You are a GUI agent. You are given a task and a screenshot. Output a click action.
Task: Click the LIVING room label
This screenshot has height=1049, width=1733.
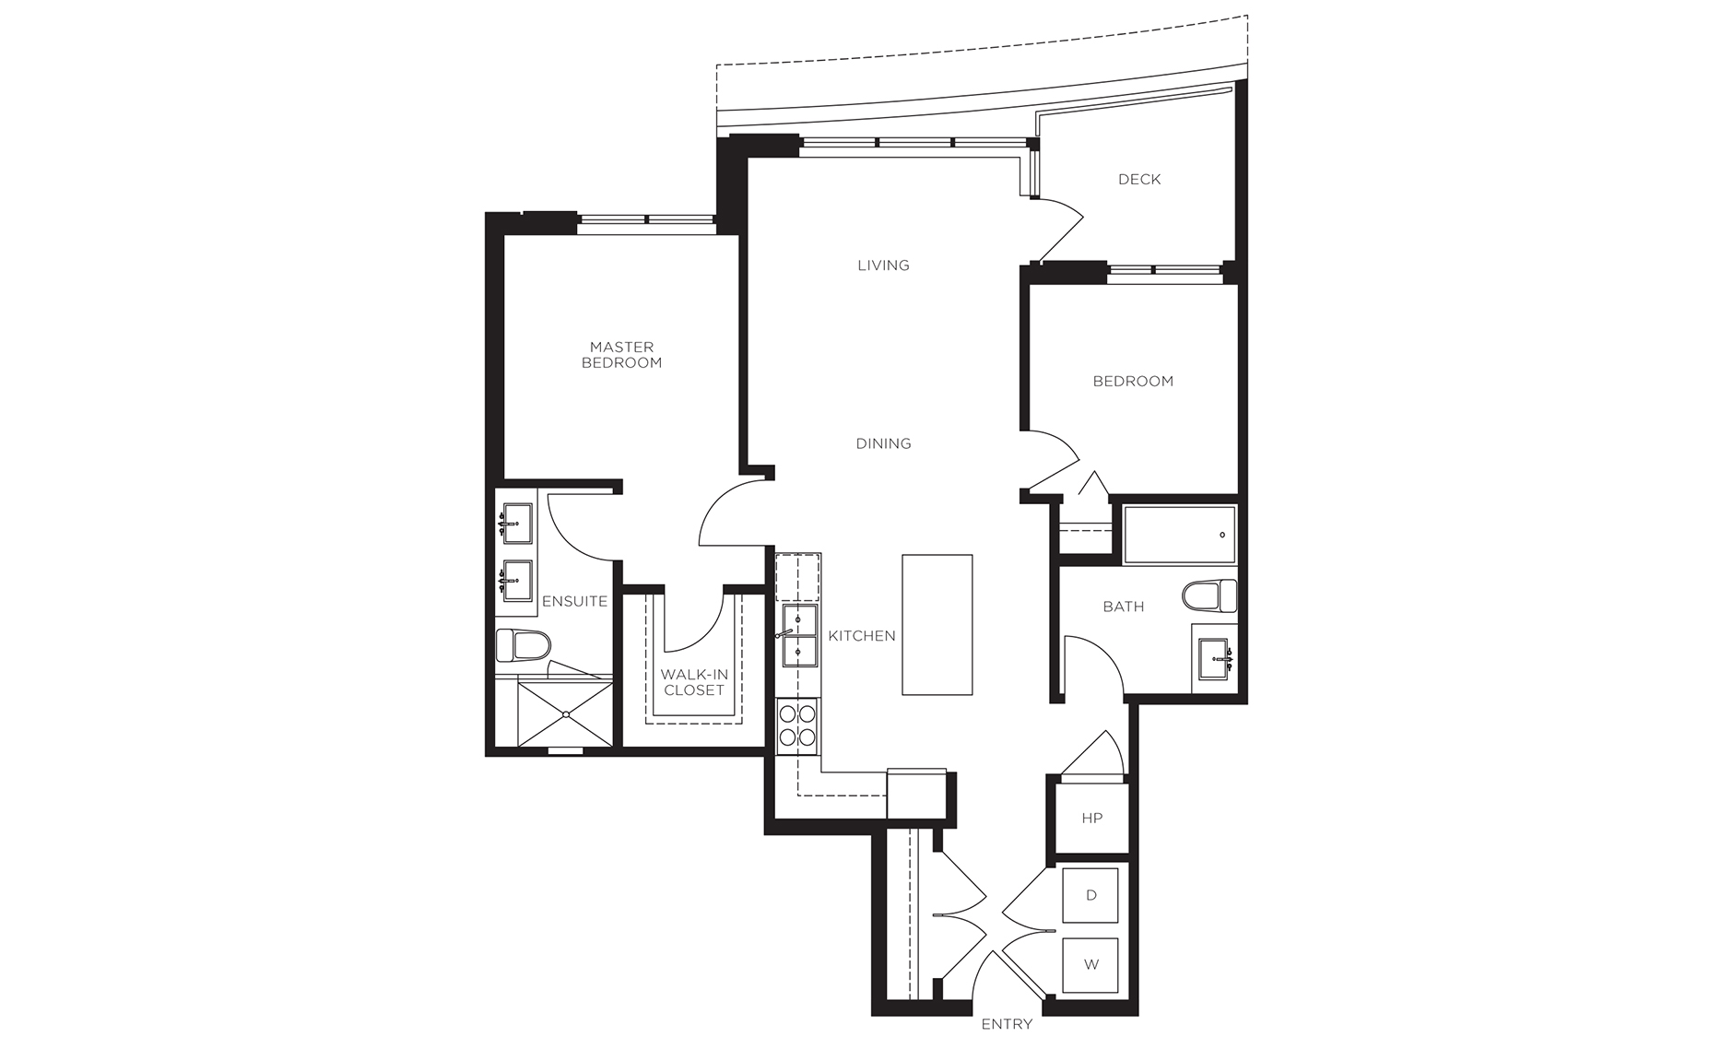(883, 265)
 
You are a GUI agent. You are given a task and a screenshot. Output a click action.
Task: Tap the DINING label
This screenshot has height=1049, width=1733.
(883, 443)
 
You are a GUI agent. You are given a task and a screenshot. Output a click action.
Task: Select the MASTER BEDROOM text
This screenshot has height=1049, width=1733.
(621, 355)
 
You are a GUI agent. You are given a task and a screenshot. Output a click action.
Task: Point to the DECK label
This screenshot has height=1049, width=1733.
(1139, 180)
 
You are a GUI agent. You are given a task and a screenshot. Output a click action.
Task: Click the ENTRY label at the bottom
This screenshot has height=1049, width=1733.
(1007, 1024)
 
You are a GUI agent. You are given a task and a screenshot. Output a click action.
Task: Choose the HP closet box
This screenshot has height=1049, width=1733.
(1091, 818)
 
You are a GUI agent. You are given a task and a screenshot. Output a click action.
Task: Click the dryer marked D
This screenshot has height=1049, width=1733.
(1091, 895)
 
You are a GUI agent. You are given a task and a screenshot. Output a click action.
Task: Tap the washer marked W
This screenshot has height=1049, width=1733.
(1091, 965)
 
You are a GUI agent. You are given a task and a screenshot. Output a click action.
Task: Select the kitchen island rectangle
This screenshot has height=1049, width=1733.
(937, 624)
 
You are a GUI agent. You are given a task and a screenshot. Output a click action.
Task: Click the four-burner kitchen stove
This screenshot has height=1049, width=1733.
(797, 724)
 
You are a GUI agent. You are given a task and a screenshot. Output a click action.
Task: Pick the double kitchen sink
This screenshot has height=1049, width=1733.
(798, 636)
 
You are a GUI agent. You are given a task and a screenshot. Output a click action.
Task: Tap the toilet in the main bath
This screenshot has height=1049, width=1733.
(1210, 596)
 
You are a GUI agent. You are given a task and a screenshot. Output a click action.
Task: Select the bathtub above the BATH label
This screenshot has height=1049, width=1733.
(1179, 535)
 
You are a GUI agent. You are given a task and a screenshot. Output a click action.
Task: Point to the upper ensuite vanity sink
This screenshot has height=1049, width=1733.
(516, 524)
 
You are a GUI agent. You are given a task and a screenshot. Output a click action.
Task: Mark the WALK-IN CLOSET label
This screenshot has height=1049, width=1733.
(693, 682)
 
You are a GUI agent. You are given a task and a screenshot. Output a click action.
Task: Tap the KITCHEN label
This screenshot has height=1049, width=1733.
(862, 636)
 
